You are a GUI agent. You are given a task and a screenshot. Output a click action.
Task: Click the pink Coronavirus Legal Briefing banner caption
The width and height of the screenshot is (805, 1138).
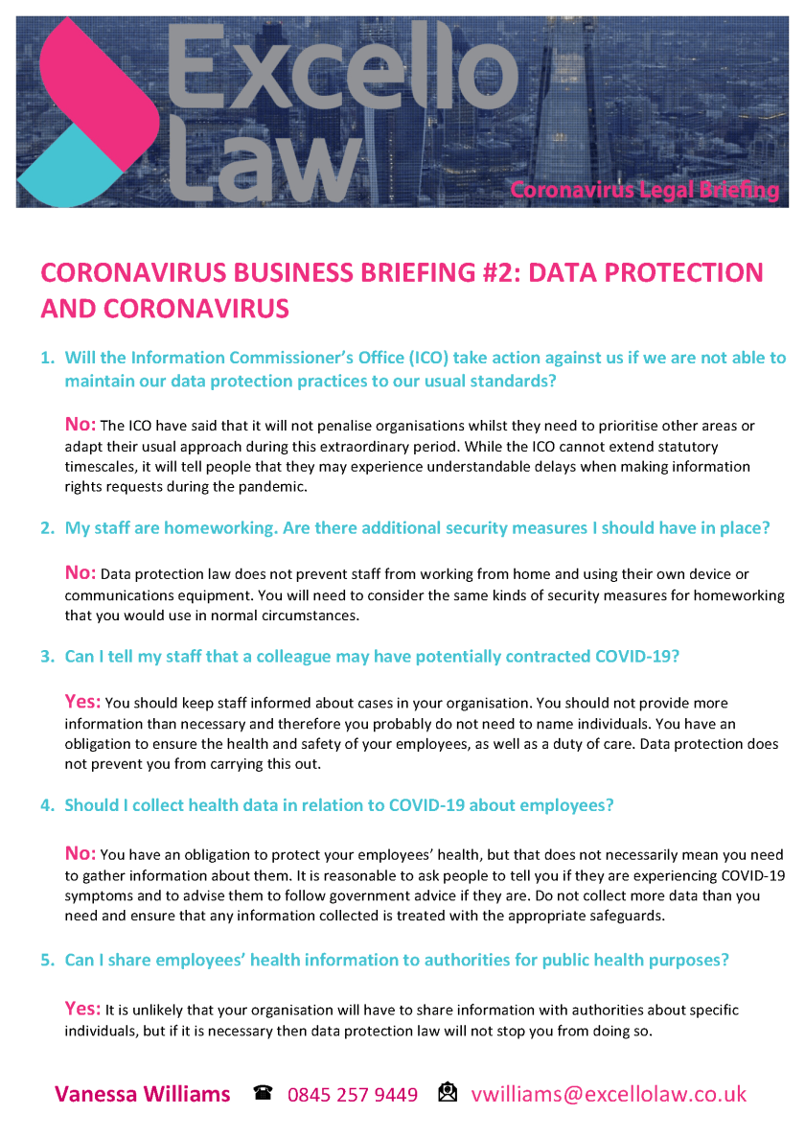tap(644, 190)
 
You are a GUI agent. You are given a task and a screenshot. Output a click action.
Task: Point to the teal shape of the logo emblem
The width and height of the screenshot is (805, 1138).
tap(72, 168)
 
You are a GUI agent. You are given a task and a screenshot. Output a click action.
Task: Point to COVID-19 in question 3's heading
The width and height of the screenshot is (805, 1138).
tap(637, 657)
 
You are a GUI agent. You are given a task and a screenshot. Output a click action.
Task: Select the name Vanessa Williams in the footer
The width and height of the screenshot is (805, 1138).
tap(142, 1094)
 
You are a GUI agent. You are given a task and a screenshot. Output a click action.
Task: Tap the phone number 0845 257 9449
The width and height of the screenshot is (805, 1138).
tap(353, 1094)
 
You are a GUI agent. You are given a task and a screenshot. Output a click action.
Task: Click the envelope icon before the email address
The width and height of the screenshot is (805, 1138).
tap(448, 1093)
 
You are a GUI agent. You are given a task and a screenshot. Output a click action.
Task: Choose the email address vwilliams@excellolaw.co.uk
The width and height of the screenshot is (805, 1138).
tap(609, 1094)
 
